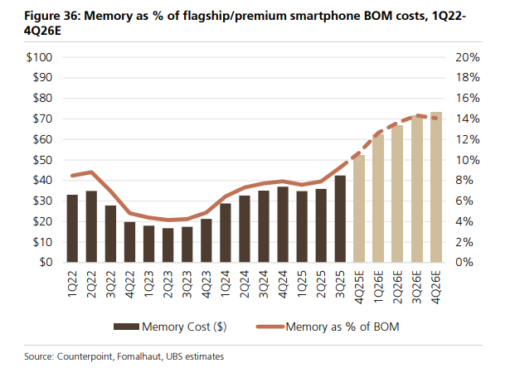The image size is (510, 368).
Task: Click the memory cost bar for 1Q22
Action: tap(72, 228)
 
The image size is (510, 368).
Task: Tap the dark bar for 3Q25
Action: tap(340, 219)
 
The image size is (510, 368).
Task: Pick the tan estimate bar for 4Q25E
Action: tap(359, 208)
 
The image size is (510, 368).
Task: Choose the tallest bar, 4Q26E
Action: tap(435, 186)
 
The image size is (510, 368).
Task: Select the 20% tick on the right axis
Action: tap(467, 57)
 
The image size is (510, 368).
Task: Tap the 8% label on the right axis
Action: tap(464, 181)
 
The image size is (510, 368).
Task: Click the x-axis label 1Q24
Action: tap(226, 283)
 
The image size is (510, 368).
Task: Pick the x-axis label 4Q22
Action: tap(130, 283)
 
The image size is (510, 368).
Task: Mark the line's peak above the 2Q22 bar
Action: tap(91, 172)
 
